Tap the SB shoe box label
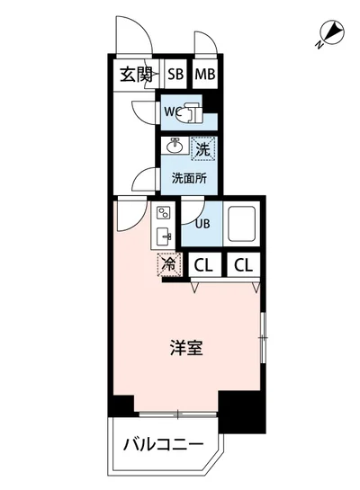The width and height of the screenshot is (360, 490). tap(175, 75)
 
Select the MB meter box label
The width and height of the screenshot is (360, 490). tap(204, 75)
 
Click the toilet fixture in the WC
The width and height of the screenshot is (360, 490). tap(190, 112)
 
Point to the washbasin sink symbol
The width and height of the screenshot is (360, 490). tap(175, 147)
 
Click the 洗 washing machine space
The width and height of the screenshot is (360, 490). tap(202, 147)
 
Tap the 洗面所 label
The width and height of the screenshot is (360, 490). tap(189, 177)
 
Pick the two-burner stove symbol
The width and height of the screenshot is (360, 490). tap(163, 214)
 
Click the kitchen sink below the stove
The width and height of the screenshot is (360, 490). tap(164, 237)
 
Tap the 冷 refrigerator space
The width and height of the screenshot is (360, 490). tap(168, 264)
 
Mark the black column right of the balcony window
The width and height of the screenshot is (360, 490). tap(240, 411)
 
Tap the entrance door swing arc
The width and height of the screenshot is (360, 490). tap(130, 36)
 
